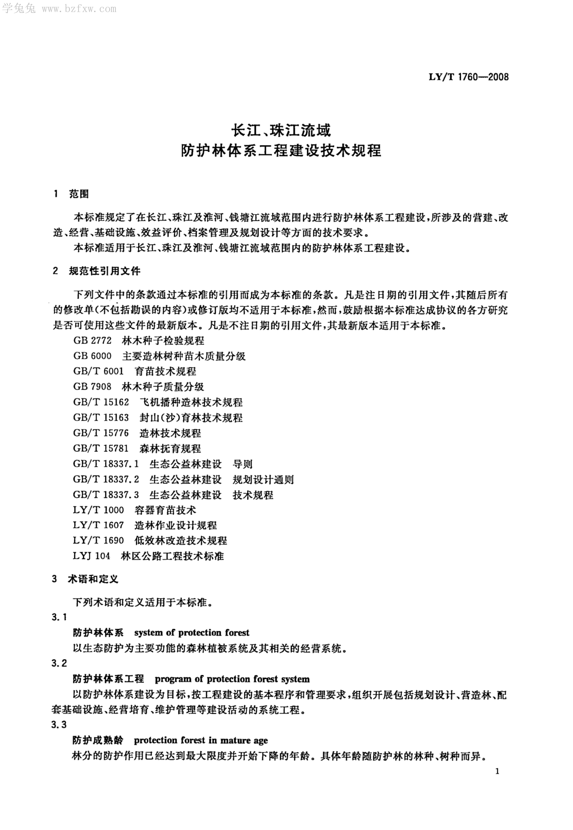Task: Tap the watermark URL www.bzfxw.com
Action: (x=79, y=9)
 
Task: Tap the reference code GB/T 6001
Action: (x=98, y=371)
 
